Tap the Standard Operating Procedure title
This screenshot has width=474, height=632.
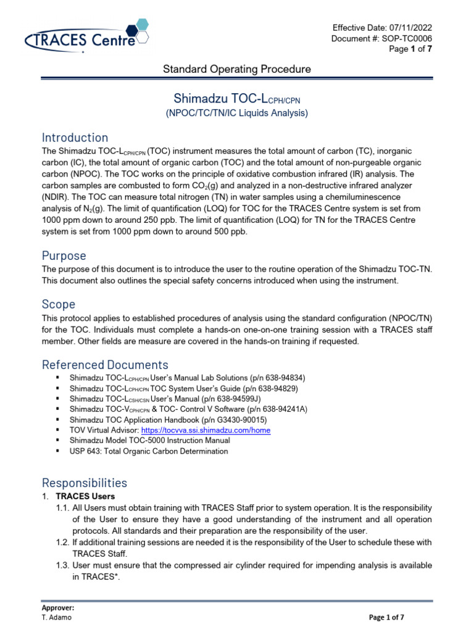[236, 69]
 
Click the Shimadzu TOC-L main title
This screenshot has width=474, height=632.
[236, 99]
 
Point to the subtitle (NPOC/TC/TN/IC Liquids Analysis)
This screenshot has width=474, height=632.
[236, 113]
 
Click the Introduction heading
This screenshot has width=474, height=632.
[75, 137]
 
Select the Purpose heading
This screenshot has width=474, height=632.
[64, 256]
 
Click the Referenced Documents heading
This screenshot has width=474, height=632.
[104, 364]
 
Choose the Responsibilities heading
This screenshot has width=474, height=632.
[84, 482]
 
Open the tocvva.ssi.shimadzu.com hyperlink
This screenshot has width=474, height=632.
[206, 430]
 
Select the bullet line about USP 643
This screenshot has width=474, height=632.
[148, 451]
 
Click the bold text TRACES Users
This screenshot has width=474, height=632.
[85, 496]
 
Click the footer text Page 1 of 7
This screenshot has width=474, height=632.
[386, 617]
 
